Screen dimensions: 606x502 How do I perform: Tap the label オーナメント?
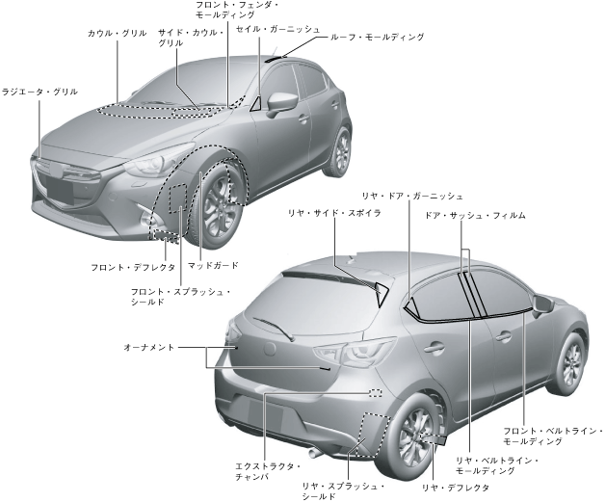tap(149, 346)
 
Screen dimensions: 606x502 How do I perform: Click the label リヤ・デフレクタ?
tap(456, 488)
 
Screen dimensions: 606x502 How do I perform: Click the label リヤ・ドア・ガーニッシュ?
tap(412, 196)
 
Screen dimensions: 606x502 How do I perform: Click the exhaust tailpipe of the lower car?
tap(314, 451)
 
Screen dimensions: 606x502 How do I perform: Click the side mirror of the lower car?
tap(542, 305)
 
